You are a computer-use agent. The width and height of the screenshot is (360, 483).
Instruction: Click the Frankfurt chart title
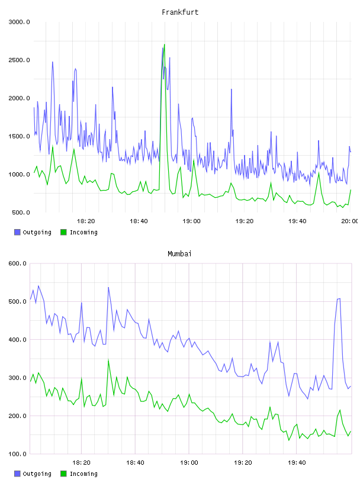(180, 12)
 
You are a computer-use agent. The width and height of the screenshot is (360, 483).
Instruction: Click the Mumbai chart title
(179, 254)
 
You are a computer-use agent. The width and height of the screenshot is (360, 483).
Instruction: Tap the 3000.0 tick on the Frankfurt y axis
(19, 22)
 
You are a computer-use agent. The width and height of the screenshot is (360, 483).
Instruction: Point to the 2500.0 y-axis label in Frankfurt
(19, 60)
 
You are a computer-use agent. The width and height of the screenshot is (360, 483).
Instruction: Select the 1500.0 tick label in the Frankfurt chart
(19, 137)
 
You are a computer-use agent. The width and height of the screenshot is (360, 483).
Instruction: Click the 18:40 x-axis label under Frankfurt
(139, 221)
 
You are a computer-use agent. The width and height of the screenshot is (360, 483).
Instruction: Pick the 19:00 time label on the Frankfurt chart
(191, 221)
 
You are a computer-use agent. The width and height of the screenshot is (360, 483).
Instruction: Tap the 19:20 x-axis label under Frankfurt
(245, 221)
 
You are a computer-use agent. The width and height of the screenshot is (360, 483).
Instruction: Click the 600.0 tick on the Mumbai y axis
(18, 263)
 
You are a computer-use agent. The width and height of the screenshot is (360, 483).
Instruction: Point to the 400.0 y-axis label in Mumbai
(18, 340)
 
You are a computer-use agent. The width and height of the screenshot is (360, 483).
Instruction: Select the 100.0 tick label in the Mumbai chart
(18, 454)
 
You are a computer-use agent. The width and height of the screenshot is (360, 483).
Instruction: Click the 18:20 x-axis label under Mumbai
(81, 463)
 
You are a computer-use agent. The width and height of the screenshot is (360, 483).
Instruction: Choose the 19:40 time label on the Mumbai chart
(297, 463)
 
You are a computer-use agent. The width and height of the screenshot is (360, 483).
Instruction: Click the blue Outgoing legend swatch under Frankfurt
(17, 232)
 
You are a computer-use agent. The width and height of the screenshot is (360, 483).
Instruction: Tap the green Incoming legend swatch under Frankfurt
(63, 232)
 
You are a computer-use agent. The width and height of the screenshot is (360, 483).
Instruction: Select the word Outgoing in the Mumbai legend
(37, 474)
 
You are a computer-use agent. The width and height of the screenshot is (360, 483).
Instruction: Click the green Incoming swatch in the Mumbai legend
(63, 474)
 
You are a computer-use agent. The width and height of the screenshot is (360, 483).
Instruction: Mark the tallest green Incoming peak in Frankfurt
(165, 44)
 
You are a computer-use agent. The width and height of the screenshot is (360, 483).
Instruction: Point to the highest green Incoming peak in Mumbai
(108, 359)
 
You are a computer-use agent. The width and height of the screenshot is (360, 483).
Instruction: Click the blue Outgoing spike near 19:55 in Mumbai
(339, 298)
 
